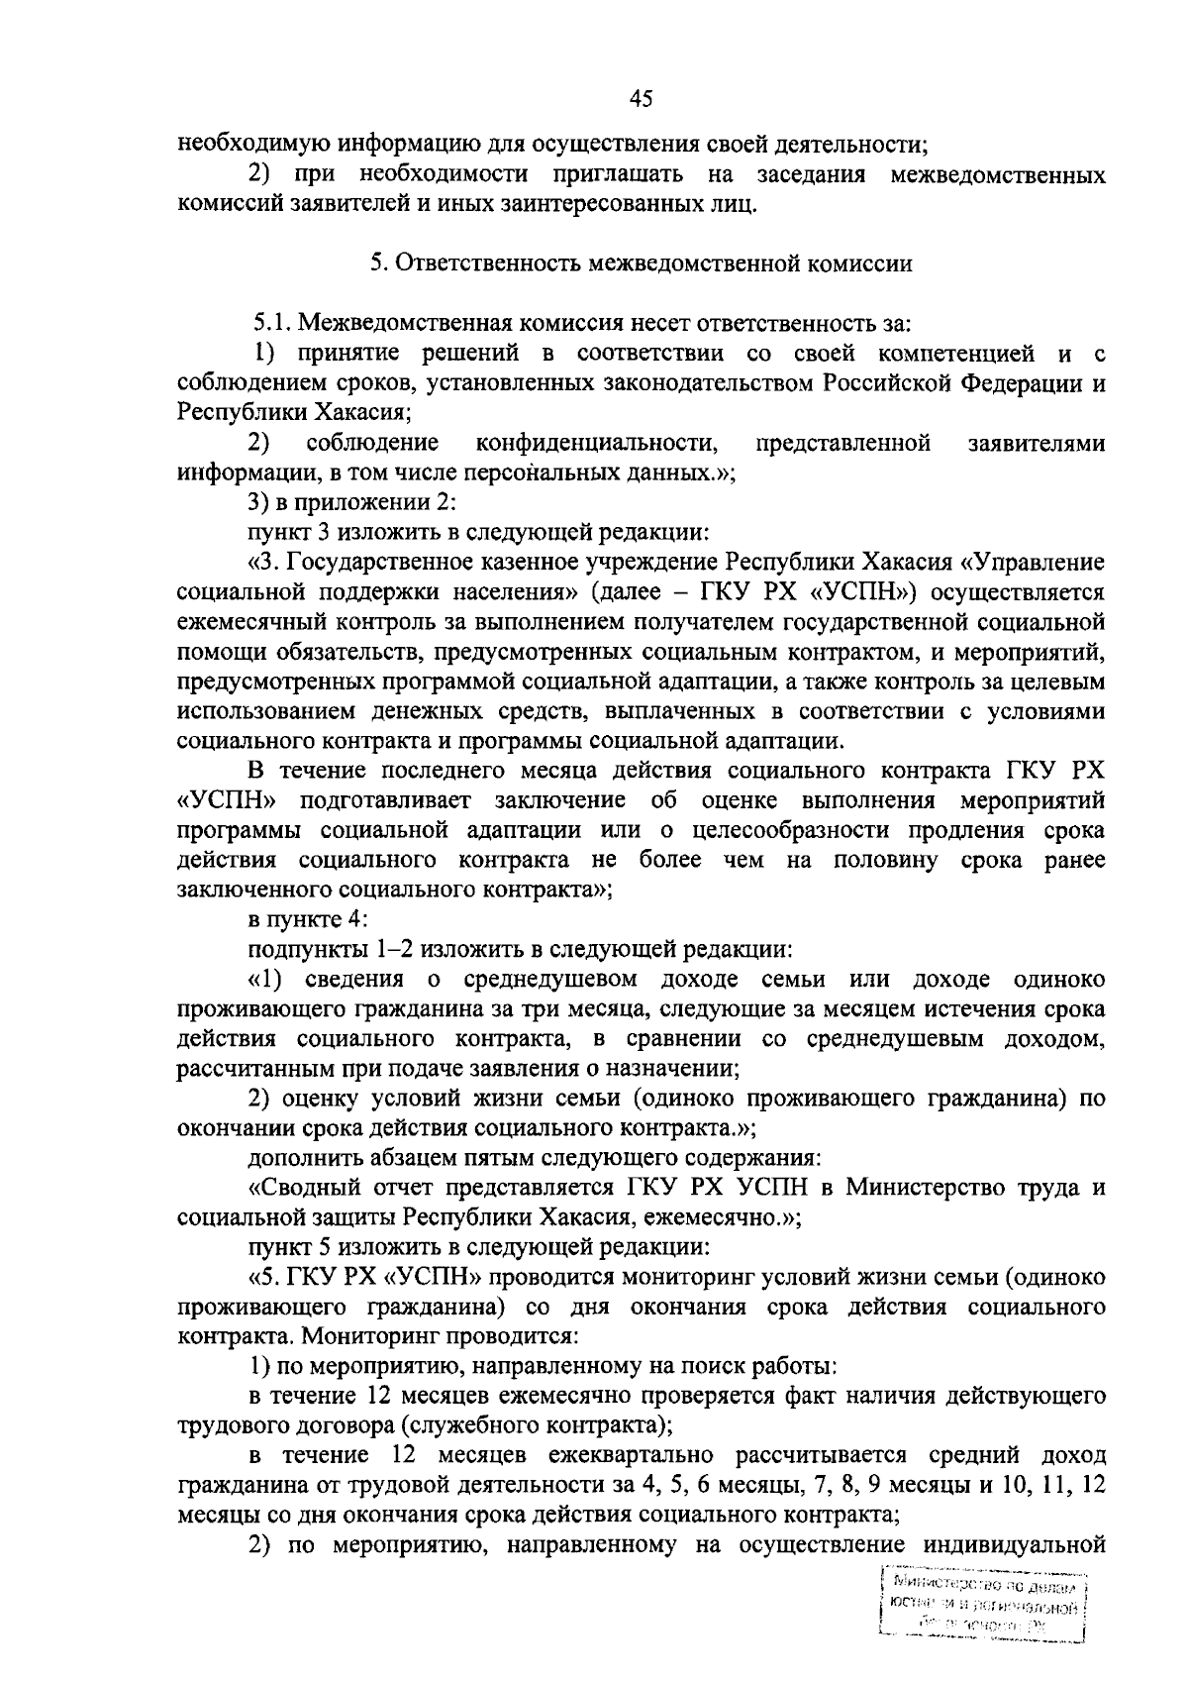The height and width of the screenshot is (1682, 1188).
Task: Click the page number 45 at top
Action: click(x=641, y=98)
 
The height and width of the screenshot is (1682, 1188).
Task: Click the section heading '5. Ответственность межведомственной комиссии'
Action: click(x=641, y=263)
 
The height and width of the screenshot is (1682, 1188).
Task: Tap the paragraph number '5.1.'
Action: click(x=273, y=322)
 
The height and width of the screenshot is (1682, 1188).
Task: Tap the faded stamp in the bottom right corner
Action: click(x=982, y=1610)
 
